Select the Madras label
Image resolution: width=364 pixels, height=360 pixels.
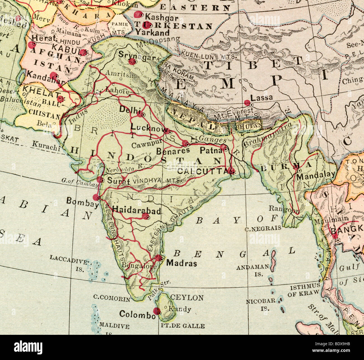tap(181, 263)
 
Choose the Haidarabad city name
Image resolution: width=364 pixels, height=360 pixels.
tap(136, 210)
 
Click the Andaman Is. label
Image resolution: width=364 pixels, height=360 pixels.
tap(253, 270)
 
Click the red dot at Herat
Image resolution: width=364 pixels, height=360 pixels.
tap(31, 44)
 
